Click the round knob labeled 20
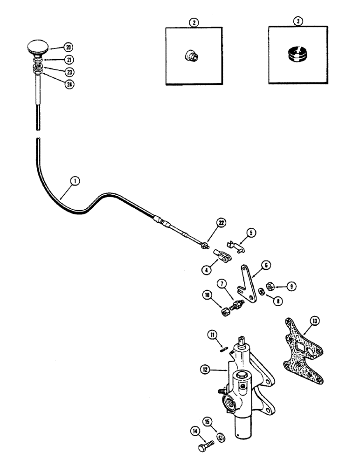click(x=37, y=47)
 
